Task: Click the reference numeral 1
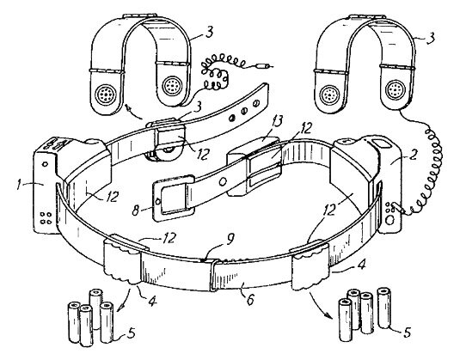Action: point(20,186)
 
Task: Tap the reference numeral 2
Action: point(413,156)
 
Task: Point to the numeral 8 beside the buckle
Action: point(136,211)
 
